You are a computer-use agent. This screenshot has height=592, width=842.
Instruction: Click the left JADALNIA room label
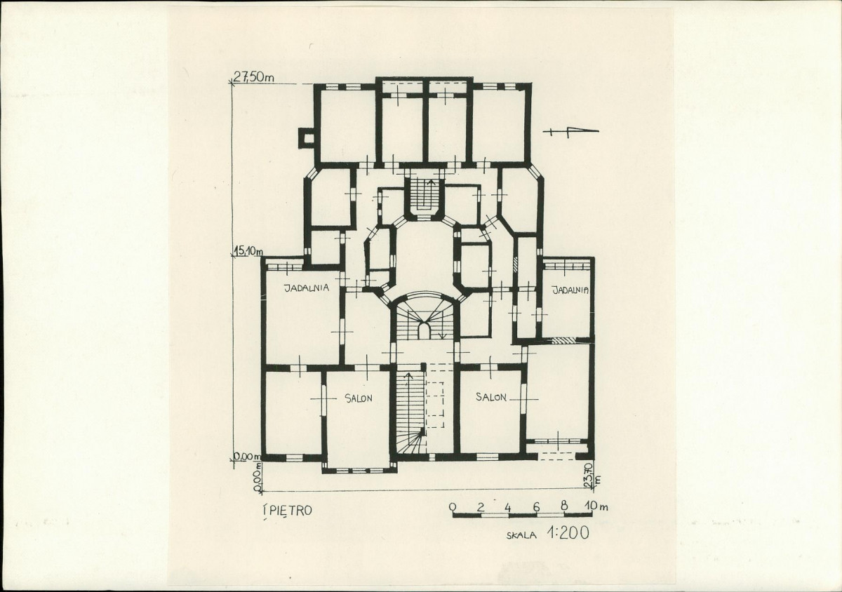307,288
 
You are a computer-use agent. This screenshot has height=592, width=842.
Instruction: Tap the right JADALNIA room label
570,290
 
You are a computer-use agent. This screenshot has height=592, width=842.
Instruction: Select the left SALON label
359,398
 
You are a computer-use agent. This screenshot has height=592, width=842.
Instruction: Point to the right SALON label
490,397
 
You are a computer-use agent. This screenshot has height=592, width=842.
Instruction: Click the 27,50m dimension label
254,77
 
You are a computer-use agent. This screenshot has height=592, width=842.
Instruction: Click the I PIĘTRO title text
287,511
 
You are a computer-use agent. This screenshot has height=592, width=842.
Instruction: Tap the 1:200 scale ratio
568,534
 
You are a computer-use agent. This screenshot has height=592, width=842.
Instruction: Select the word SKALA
521,536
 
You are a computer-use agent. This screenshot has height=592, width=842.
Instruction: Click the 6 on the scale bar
536,507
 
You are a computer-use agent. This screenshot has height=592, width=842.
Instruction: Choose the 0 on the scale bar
453,507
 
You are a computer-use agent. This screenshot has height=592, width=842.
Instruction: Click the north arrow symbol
570,132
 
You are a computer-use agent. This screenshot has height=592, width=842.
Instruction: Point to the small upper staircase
424,196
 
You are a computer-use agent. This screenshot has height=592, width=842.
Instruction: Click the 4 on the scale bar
508,507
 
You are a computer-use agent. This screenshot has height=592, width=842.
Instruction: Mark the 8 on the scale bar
564,506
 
